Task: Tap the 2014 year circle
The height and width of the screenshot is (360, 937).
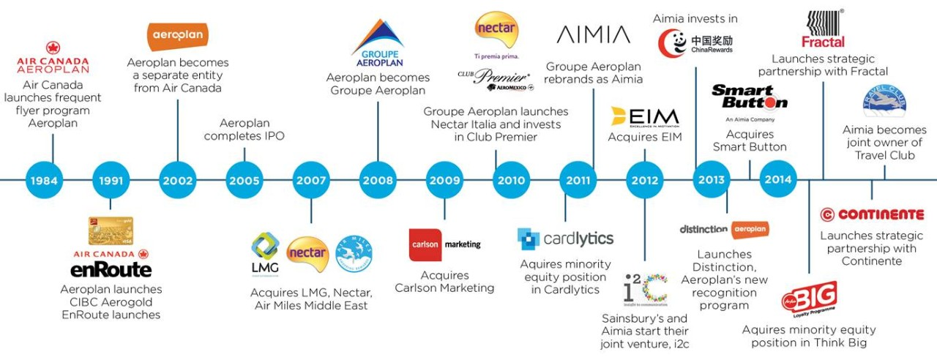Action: (x=777, y=179)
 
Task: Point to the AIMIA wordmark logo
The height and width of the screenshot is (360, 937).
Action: (x=593, y=34)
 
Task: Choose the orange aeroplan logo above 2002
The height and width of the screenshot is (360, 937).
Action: (x=178, y=36)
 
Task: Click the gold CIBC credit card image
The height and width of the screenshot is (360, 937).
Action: (x=110, y=230)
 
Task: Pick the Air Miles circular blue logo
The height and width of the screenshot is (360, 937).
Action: (x=354, y=254)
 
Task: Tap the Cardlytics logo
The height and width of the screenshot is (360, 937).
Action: (x=565, y=239)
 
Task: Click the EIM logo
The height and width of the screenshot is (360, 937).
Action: (x=644, y=116)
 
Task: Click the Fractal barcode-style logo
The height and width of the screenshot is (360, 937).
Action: (x=823, y=29)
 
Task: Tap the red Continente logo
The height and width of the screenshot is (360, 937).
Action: (x=872, y=214)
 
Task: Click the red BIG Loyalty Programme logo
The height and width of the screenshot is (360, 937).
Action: (x=809, y=299)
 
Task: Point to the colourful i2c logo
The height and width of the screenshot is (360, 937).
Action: (x=645, y=290)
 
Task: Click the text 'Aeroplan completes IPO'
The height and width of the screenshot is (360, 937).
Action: (x=244, y=130)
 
